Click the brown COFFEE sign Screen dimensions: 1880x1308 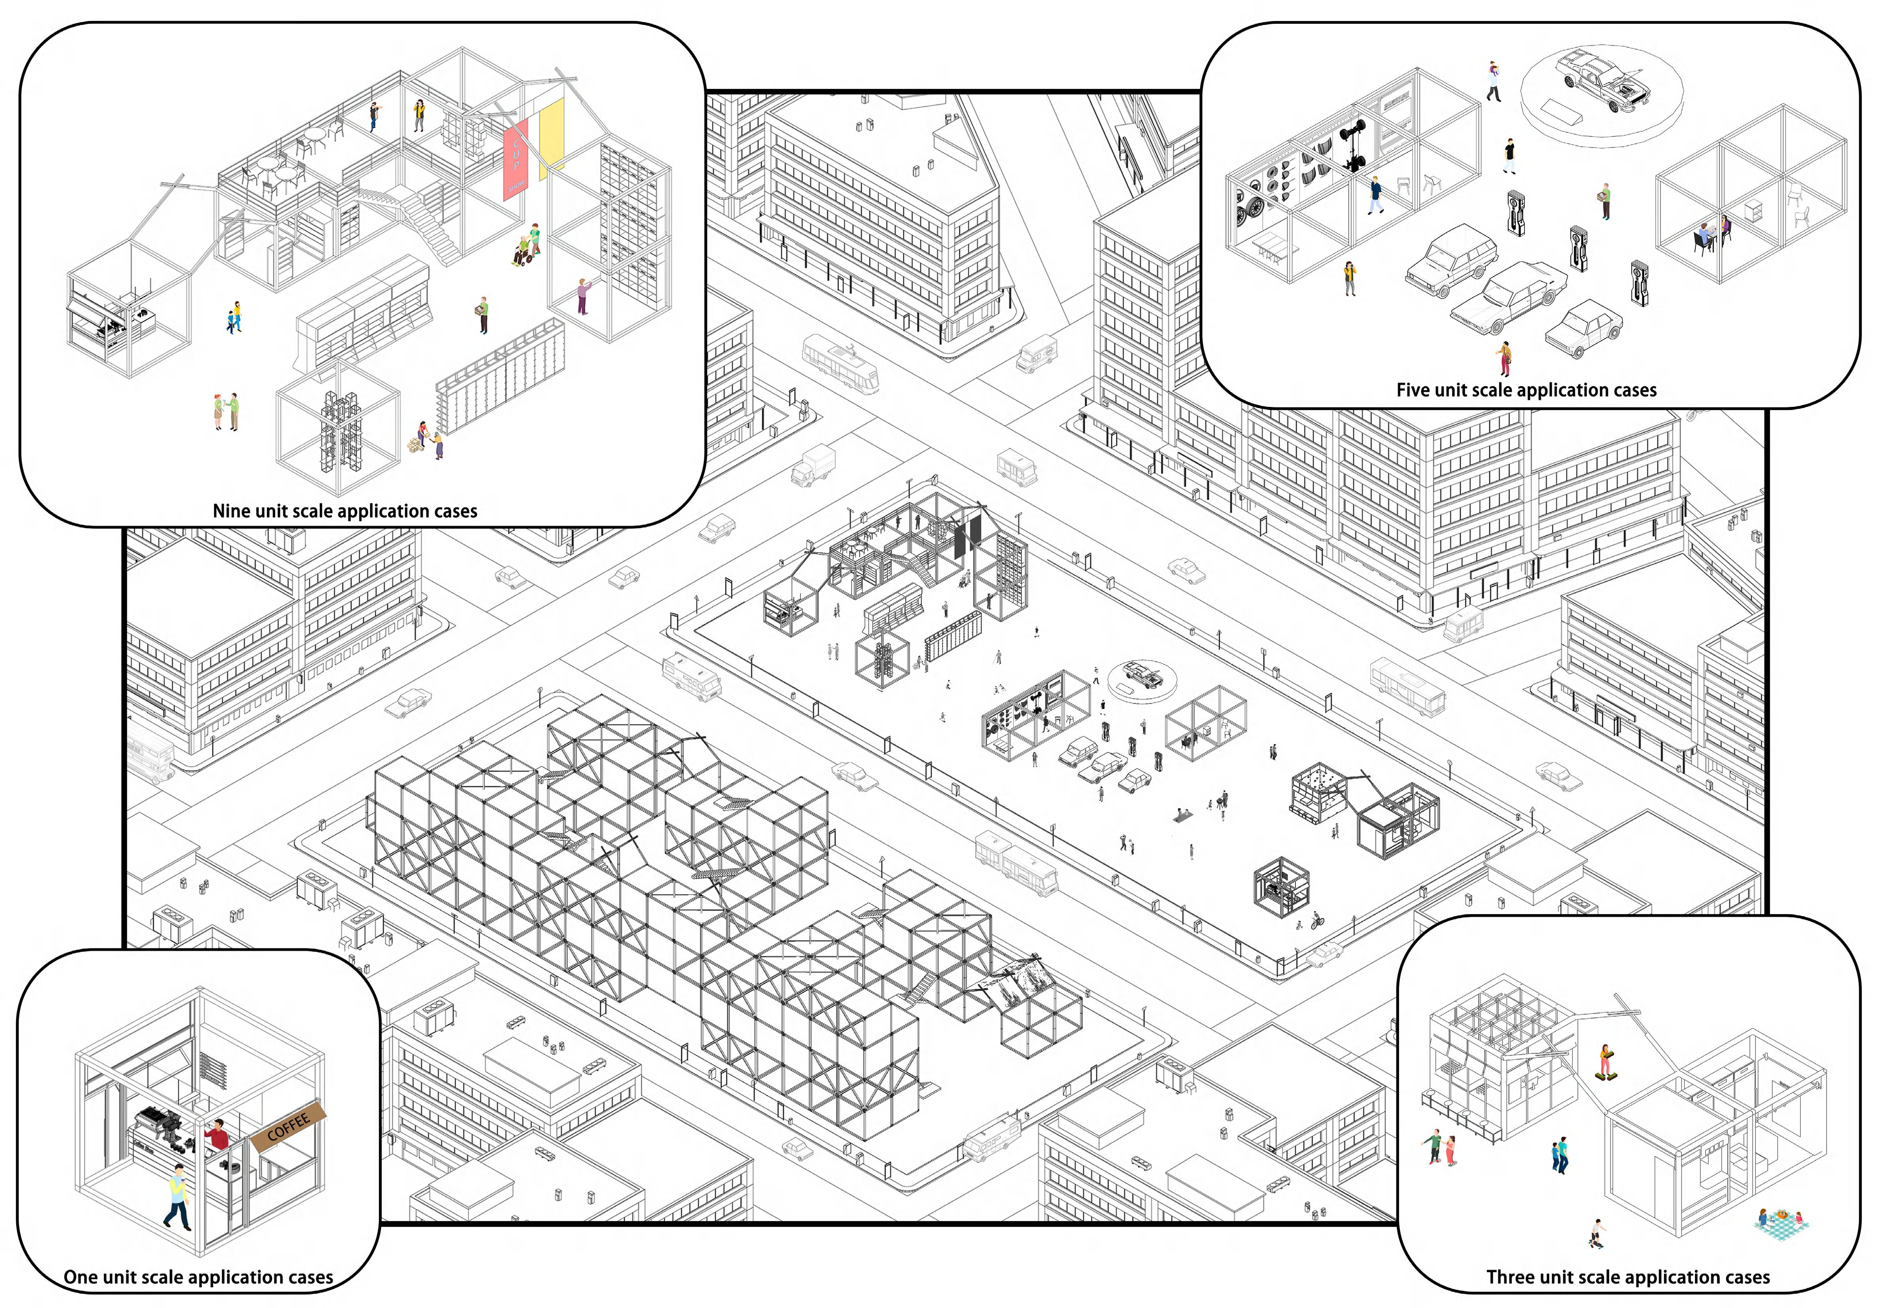pyautogui.click(x=288, y=1128)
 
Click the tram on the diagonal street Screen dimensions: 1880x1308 pyautogui.click(x=841, y=364)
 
